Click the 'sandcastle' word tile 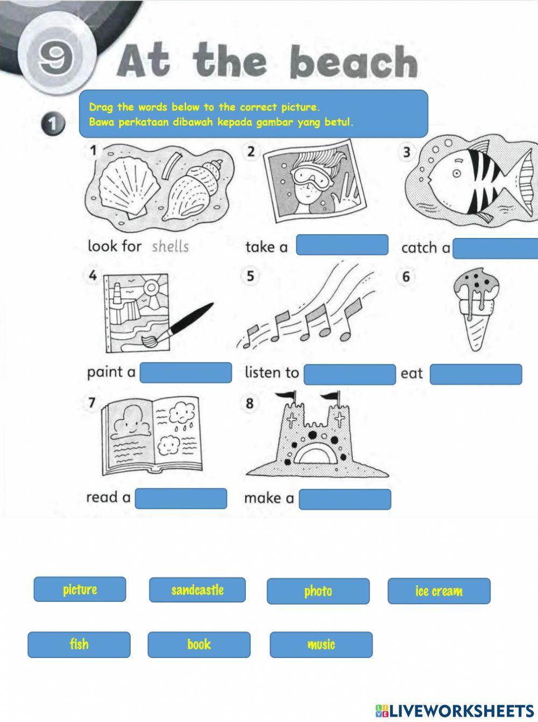point(197,590)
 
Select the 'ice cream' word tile point(438,591)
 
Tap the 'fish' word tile point(79,644)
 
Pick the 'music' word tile point(321,644)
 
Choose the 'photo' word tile point(318,591)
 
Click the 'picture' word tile point(80,590)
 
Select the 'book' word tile point(199,644)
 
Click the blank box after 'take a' point(342,245)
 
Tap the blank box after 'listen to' point(349,374)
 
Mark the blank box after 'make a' point(344,499)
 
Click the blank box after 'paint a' point(186,373)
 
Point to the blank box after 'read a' point(181,498)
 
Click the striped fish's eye point(456,173)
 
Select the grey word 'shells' point(170,247)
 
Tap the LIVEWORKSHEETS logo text point(461,710)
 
